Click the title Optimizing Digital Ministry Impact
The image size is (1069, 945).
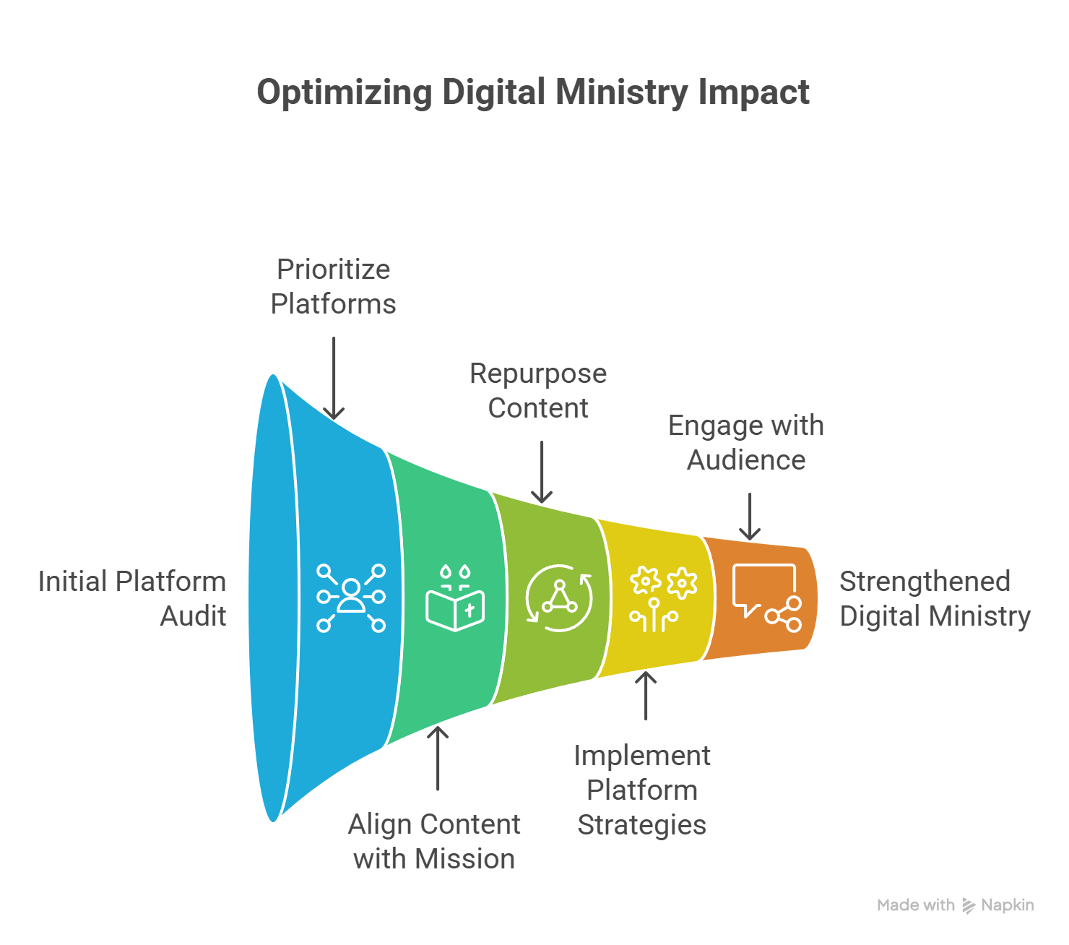tap(533, 93)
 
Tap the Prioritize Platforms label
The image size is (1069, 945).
tap(333, 287)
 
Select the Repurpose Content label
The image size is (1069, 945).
tap(538, 391)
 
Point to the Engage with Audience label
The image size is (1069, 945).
tap(746, 443)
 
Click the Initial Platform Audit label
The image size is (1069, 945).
tap(132, 599)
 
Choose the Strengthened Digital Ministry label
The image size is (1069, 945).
tap(935, 599)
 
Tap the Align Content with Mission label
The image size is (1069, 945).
tap(434, 842)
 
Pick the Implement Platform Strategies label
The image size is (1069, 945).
tap(642, 790)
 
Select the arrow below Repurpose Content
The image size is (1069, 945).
tap(542, 472)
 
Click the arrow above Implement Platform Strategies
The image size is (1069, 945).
tap(646, 696)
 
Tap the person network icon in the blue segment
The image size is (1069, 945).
tap(351, 597)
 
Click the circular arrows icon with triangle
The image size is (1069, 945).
tap(559, 598)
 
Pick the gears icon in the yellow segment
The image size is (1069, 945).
tap(663, 599)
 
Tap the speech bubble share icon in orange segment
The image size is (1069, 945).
tap(767, 597)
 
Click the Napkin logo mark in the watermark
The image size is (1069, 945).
tap(969, 906)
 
